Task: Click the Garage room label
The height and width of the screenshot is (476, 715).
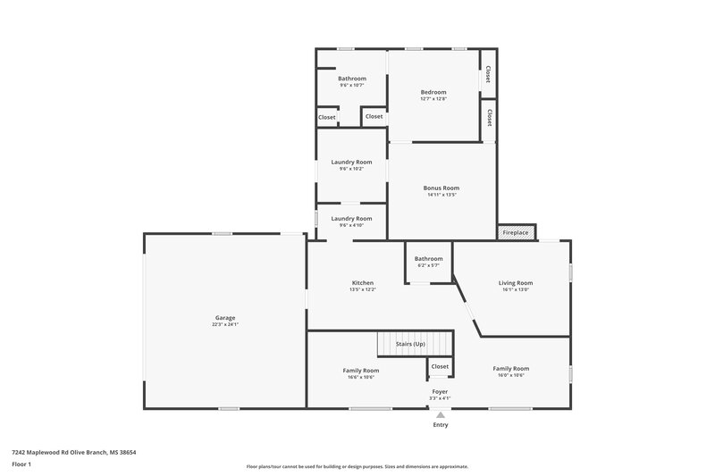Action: coord(224,317)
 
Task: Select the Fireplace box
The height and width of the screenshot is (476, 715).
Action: coord(516,232)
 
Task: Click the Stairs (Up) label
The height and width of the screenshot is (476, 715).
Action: coord(410,344)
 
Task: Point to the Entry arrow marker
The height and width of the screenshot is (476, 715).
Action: coord(440,415)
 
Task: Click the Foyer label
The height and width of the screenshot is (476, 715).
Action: coord(440,391)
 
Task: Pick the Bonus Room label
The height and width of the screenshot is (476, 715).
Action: coord(441,188)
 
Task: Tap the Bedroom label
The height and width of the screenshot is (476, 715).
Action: coord(433,92)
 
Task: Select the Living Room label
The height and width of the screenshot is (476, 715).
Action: coord(515,283)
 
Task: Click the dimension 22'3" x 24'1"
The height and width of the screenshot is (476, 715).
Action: coord(224,324)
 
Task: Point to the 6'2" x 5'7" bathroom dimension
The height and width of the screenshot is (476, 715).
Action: coord(428,266)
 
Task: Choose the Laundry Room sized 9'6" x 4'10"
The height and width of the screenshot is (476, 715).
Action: coord(351,219)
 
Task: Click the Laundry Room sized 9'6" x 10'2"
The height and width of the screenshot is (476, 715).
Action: coord(351,162)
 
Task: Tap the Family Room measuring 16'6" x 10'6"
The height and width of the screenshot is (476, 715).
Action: coord(360,370)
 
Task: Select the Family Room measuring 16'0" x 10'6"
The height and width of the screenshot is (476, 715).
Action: coord(510,368)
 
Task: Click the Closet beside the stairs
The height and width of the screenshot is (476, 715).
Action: coord(440,366)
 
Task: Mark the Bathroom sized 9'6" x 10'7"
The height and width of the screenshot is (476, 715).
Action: coord(351,79)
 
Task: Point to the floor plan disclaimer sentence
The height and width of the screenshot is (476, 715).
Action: coord(357,466)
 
